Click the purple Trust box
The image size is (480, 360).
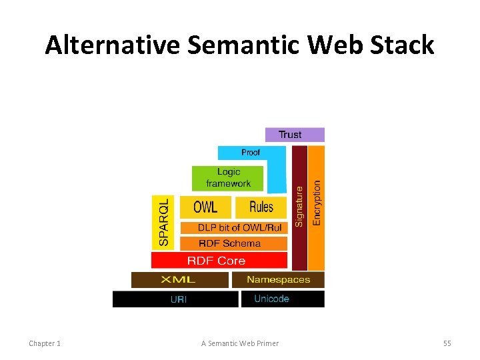coord(295,135)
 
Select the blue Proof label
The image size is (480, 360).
coord(251,153)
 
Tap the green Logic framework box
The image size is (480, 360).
coord(228,178)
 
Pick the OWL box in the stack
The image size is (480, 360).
coord(205,207)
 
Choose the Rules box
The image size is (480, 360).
coord(261,207)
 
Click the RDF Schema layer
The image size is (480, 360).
coord(230,243)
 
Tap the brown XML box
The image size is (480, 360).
coord(180,279)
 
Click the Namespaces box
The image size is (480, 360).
coord(279,279)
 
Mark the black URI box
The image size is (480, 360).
coord(178,299)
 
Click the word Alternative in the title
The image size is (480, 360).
coord(112,45)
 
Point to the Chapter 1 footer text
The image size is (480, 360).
coord(45,343)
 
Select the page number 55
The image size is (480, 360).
coord(447,343)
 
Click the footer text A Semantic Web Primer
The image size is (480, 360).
coord(240,343)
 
